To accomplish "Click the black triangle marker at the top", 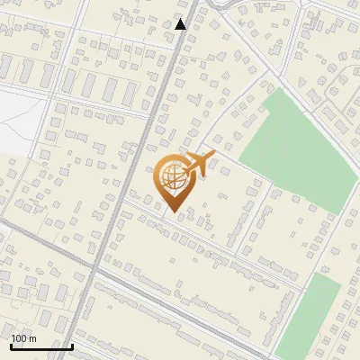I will tap(181, 24).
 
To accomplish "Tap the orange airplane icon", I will tap(199, 164).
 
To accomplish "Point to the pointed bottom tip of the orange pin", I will tap(172, 212).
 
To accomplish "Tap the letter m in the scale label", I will tap(33, 338).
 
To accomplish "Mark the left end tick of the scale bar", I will tap(11, 346).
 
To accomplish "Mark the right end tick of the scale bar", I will tap(72, 346).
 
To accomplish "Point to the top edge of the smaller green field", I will tap(324, 276).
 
